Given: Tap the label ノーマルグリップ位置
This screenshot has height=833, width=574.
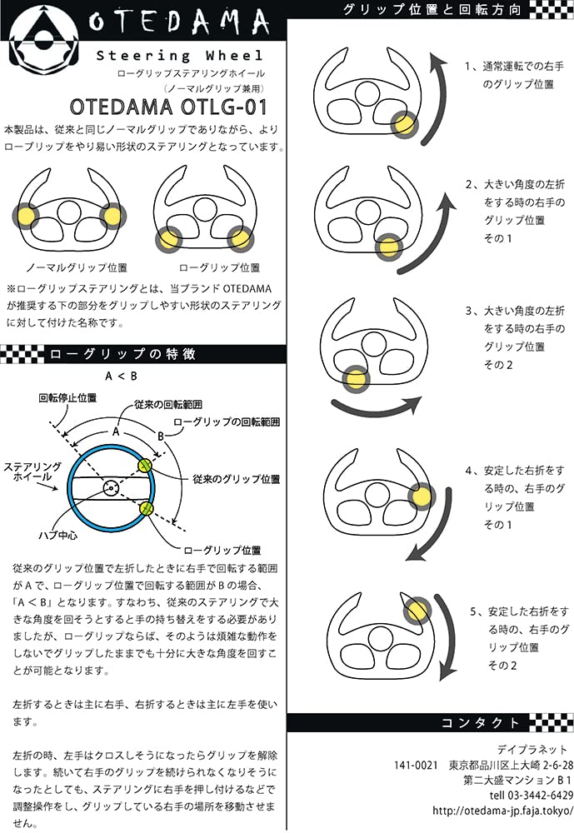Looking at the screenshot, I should point(77,268).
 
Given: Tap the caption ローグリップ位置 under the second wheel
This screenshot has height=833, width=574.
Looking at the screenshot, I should point(219,268).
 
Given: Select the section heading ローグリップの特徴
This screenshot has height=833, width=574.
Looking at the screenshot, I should point(122,354).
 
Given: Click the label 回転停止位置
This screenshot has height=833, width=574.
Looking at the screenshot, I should point(60,399).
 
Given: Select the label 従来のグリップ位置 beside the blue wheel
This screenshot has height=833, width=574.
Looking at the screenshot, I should point(236,479).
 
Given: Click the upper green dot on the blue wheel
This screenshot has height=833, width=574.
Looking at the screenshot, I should point(145,465).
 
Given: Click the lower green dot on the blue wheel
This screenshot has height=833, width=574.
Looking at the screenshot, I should point(147,509).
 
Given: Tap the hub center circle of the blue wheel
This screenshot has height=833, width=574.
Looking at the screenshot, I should point(108,487).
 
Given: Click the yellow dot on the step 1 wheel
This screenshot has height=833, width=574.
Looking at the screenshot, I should point(405,125).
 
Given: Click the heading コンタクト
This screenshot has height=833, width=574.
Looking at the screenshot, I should point(484,722).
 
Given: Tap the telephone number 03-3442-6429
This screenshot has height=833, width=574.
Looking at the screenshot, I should point(533,796).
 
